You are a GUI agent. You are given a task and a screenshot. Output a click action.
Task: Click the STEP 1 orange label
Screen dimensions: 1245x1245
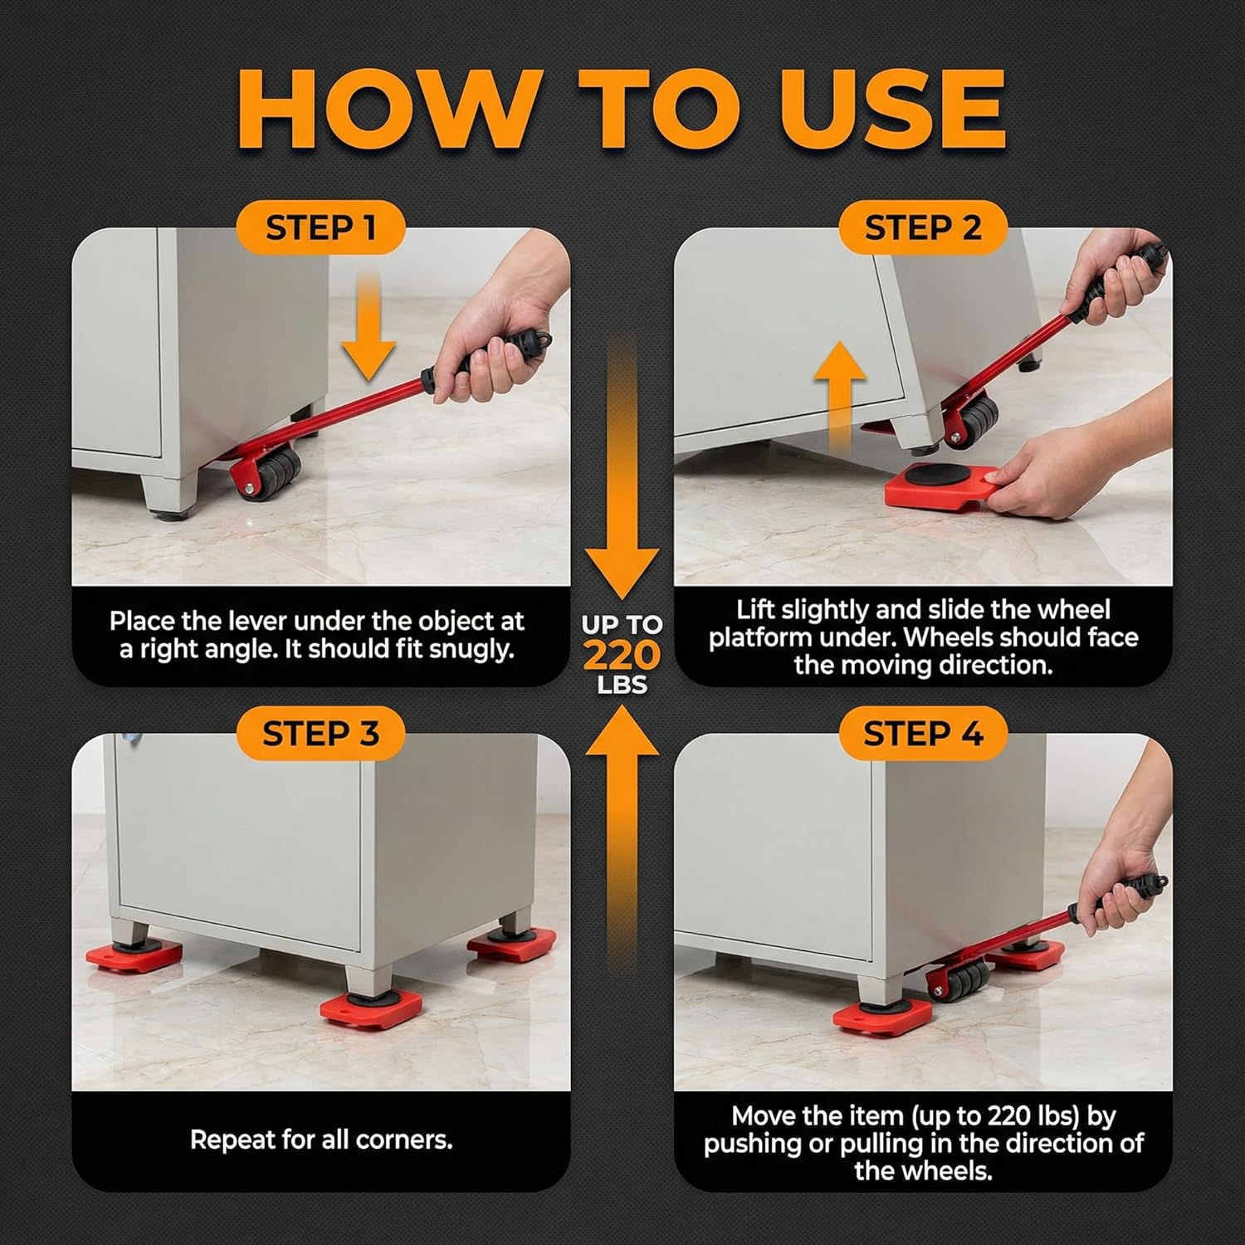[x=320, y=227]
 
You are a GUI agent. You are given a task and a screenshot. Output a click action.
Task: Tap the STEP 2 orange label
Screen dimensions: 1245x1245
[x=922, y=227]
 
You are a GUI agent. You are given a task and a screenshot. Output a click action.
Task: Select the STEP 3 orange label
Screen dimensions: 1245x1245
[x=320, y=734]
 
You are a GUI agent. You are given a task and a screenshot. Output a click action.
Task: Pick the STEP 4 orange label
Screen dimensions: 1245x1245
[x=922, y=734]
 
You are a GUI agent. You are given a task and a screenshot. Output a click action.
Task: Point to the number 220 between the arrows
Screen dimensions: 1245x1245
[x=622, y=656]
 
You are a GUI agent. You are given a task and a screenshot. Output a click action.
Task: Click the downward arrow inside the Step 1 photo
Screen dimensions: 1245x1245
[x=368, y=332]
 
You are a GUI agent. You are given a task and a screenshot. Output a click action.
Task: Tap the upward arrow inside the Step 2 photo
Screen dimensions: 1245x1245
[x=840, y=390]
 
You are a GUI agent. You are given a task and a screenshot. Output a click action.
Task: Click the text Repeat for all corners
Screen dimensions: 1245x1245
[x=320, y=1140]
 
